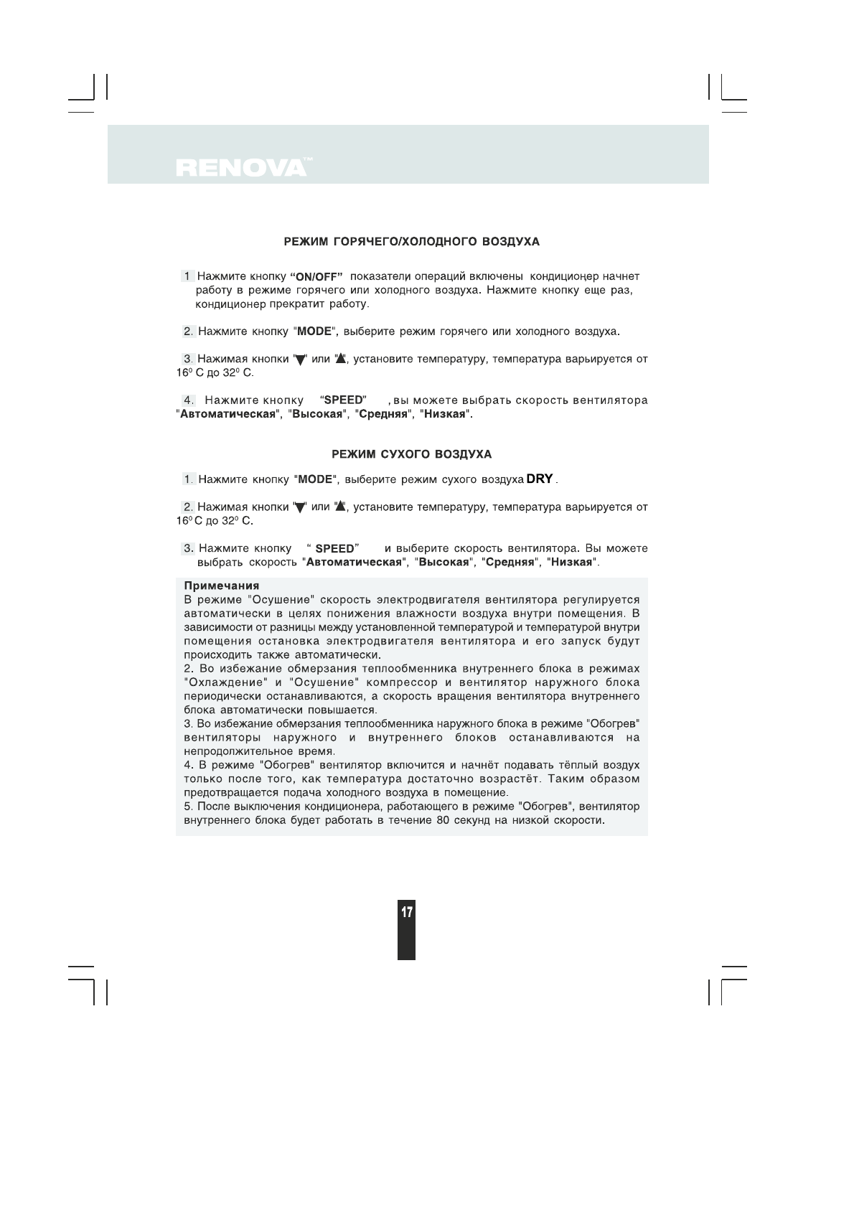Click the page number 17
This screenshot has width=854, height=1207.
(x=406, y=913)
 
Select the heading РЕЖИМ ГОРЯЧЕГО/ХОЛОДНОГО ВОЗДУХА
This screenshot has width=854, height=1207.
(x=411, y=242)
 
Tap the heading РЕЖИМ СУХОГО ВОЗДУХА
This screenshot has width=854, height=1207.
(x=411, y=455)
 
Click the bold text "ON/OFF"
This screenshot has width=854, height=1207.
(x=316, y=277)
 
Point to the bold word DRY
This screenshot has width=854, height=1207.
(x=539, y=478)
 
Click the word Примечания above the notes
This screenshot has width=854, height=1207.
(x=222, y=586)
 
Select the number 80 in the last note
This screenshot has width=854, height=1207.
(x=443, y=820)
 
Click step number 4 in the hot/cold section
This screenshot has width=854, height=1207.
(x=188, y=400)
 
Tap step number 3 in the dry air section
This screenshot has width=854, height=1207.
(x=188, y=548)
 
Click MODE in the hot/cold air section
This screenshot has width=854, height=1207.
(x=314, y=332)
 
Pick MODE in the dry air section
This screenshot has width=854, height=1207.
(x=315, y=479)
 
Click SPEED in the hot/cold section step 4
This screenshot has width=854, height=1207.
(x=344, y=400)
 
